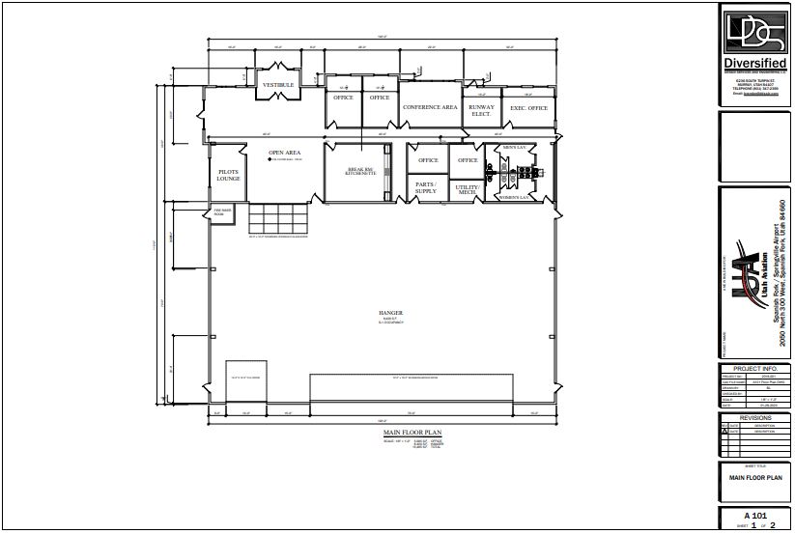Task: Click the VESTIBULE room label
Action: [x=278, y=85]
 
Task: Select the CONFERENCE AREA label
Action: [x=430, y=107]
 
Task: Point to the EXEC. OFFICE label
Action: [x=528, y=108]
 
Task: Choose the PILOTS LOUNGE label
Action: [x=228, y=176]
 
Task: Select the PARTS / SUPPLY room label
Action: [x=426, y=187]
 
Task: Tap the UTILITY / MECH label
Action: [x=468, y=189]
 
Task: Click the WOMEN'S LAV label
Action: [x=514, y=197]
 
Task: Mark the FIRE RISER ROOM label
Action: [x=219, y=212]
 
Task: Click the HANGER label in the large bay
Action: [x=390, y=313]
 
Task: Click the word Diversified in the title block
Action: [x=754, y=64]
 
